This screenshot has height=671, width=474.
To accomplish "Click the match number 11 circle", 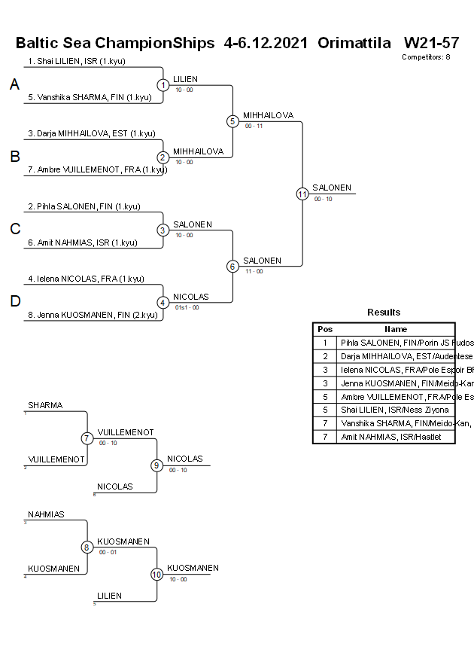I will pos(302,194).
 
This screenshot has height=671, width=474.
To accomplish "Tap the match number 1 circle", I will pos(163,85).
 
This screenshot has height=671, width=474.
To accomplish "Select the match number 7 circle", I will pos(87,438).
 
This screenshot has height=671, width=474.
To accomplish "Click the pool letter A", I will pos(14,85).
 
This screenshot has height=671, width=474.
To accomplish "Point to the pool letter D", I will pos(14,302).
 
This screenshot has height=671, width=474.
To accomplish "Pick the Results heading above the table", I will pos(384,313).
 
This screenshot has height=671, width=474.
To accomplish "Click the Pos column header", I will pos(325,329).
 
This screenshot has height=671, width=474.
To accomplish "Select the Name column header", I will pos(395,329).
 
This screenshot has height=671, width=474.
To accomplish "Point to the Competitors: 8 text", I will pos(426,57).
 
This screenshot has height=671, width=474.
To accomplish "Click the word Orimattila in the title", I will pos(354,43).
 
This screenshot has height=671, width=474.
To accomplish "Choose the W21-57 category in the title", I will pos(431,43).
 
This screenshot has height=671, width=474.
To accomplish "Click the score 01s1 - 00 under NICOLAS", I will pos(187,307).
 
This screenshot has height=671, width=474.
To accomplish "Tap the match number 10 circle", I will pos(156,575).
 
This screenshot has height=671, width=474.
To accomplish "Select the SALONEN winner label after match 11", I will pos(332,188).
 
